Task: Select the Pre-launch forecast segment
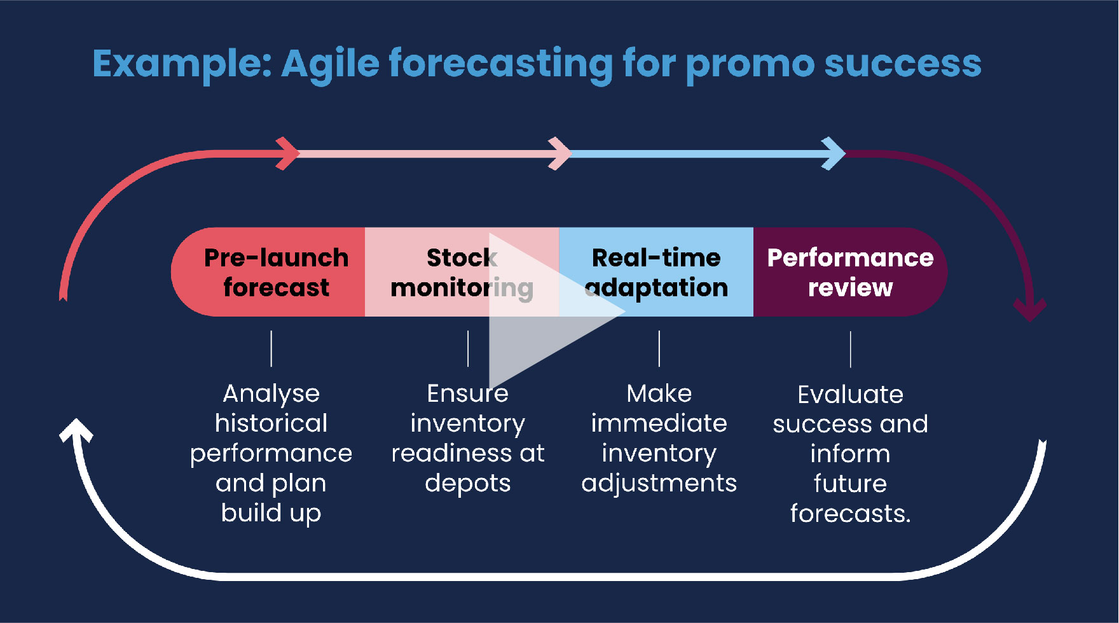pyautogui.click(x=268, y=272)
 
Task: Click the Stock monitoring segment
pyautogui.click(x=462, y=272)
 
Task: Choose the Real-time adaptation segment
pyautogui.click(x=656, y=272)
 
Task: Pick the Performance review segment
pyautogui.click(x=850, y=272)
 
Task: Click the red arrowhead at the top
pyautogui.click(x=288, y=153)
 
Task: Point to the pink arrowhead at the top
pyautogui.click(x=560, y=153)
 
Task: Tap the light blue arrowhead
pyautogui.click(x=834, y=153)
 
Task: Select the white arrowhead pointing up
pyautogui.click(x=76, y=430)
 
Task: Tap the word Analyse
pyautogui.click(x=271, y=394)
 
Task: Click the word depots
pyautogui.click(x=468, y=483)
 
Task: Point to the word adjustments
pyautogui.click(x=659, y=484)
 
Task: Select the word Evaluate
pyautogui.click(x=851, y=395)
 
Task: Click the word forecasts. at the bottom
pyautogui.click(x=851, y=514)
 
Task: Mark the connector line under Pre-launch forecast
pyautogui.click(x=271, y=348)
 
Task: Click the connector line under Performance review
pyautogui.click(x=851, y=349)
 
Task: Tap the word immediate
pyautogui.click(x=659, y=423)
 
